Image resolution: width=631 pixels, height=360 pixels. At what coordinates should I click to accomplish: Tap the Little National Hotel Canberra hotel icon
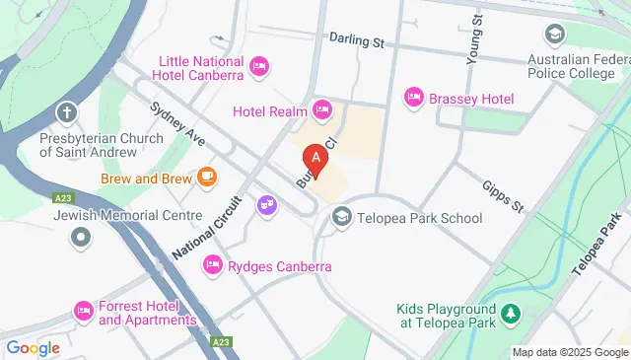[x=258, y=66]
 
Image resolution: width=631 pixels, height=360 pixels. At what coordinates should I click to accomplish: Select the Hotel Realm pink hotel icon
[x=320, y=109]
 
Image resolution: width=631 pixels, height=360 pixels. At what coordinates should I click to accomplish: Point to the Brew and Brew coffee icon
[x=206, y=177]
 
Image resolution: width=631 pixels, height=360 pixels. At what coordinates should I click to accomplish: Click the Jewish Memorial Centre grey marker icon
[x=81, y=237]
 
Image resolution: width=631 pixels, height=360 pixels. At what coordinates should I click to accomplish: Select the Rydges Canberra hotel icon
[x=212, y=265]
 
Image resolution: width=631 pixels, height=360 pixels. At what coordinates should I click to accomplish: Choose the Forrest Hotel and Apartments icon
[x=84, y=312]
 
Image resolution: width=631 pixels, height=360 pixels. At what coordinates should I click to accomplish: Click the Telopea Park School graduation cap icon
[x=341, y=217]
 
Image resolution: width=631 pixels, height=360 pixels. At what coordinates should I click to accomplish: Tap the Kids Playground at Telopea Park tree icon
[x=510, y=315]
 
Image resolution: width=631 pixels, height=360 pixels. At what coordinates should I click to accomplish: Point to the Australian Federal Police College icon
[x=555, y=36]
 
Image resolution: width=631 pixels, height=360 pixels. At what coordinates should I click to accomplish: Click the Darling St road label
[x=356, y=42]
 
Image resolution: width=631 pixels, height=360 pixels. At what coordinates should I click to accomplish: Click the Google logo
[x=33, y=347]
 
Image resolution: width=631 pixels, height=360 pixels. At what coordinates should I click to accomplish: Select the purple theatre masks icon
[x=265, y=205]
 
